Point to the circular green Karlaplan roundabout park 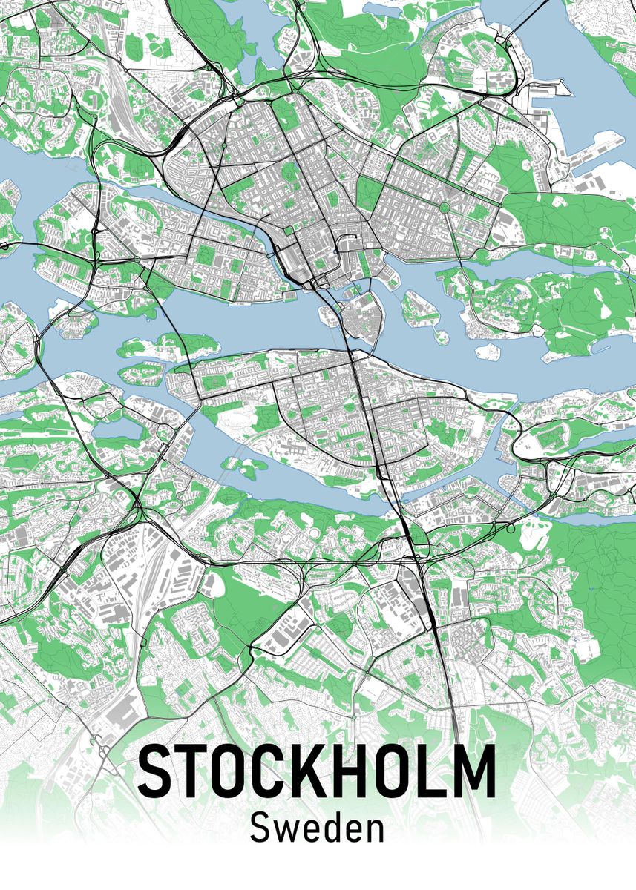pos(445,207)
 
